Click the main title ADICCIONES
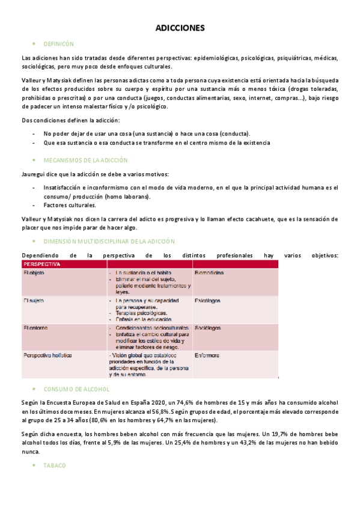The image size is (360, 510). click(x=180, y=28)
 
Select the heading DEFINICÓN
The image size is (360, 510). click(x=58, y=45)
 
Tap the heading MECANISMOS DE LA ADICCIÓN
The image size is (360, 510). click(x=85, y=161)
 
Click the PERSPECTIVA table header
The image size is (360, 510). click(x=42, y=264)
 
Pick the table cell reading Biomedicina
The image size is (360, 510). click(x=209, y=273)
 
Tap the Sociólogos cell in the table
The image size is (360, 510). click(x=208, y=328)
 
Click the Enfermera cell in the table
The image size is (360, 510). click(x=207, y=355)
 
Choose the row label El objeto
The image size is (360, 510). click(x=34, y=273)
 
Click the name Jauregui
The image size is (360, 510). click(x=34, y=174)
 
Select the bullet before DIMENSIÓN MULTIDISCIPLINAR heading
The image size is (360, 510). click(x=34, y=241)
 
